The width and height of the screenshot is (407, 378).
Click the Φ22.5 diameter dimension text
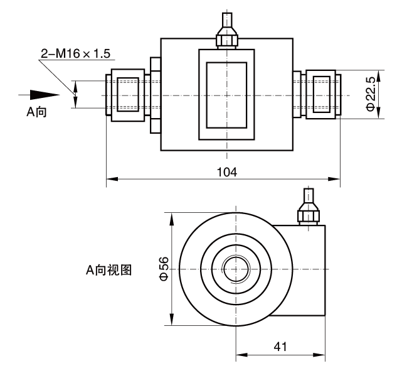(x=370, y=94)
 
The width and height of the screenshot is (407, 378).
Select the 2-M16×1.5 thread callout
(x=75, y=55)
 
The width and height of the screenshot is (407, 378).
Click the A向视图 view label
(x=108, y=270)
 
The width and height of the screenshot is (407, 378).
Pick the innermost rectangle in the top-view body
(x=226, y=94)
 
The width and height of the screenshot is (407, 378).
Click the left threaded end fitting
(x=128, y=94)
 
